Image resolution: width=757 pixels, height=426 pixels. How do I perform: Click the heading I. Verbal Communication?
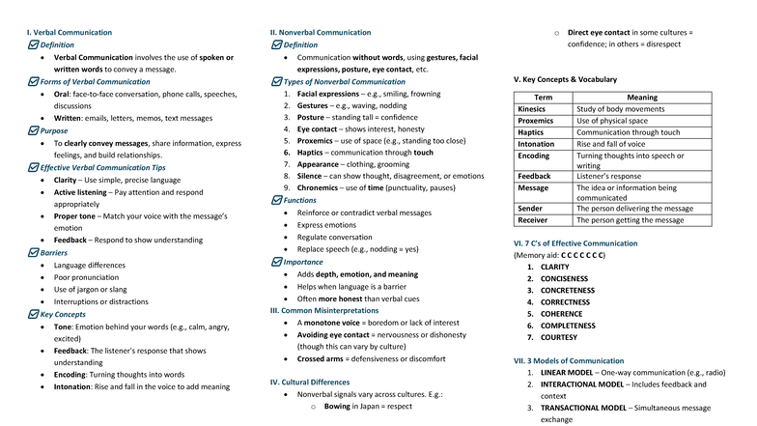tap(70, 32)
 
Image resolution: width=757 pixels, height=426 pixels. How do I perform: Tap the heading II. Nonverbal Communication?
tap(319, 32)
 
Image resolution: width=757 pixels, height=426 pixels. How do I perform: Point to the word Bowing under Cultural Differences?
tap(336, 407)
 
